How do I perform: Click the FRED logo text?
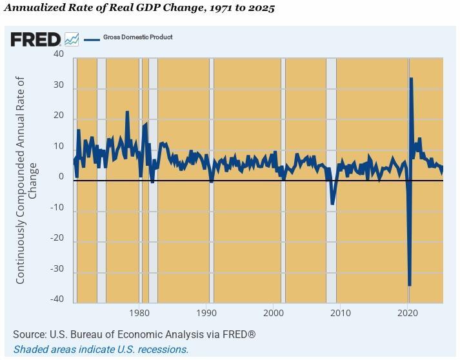point(35,39)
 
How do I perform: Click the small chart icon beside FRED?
point(72,39)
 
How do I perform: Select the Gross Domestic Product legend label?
point(137,37)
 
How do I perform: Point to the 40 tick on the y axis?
point(59,54)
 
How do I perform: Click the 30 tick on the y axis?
point(59,85)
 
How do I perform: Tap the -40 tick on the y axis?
point(57,299)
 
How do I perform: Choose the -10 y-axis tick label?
point(57,208)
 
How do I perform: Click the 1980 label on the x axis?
point(139,313)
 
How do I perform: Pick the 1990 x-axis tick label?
point(206,313)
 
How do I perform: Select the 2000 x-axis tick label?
point(274,313)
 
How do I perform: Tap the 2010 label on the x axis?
point(341,313)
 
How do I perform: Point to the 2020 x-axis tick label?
point(408,313)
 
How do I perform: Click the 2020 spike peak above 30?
point(412,79)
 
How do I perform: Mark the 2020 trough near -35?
point(410,285)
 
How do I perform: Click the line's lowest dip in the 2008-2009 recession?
point(332,204)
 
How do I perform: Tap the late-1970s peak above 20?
point(127,112)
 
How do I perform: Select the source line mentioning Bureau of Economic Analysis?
point(134,334)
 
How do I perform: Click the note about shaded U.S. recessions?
point(101,349)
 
